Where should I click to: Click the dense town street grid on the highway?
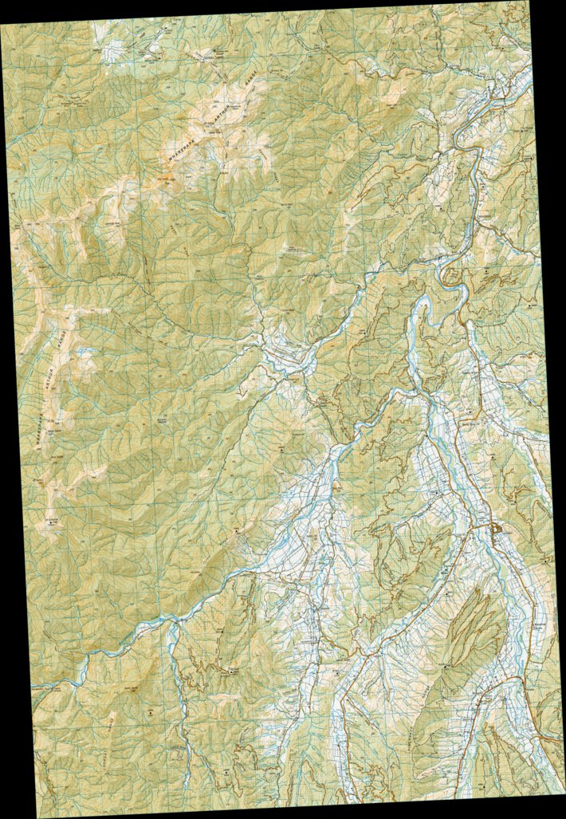click(x=495, y=530)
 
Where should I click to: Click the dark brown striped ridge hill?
click(x=475, y=618)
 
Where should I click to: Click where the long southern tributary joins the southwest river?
click(x=171, y=626)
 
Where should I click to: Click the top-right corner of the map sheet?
click(x=529, y=2)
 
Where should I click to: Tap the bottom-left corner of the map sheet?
click(x=38, y=817)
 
